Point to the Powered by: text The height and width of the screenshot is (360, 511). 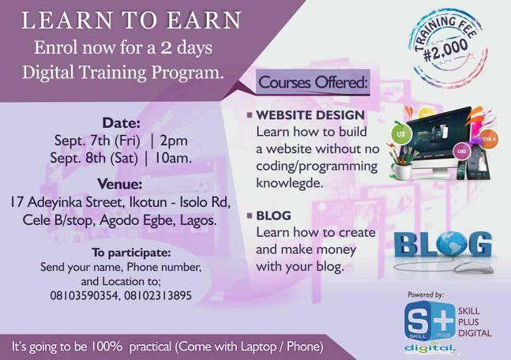click(x=427, y=294)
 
